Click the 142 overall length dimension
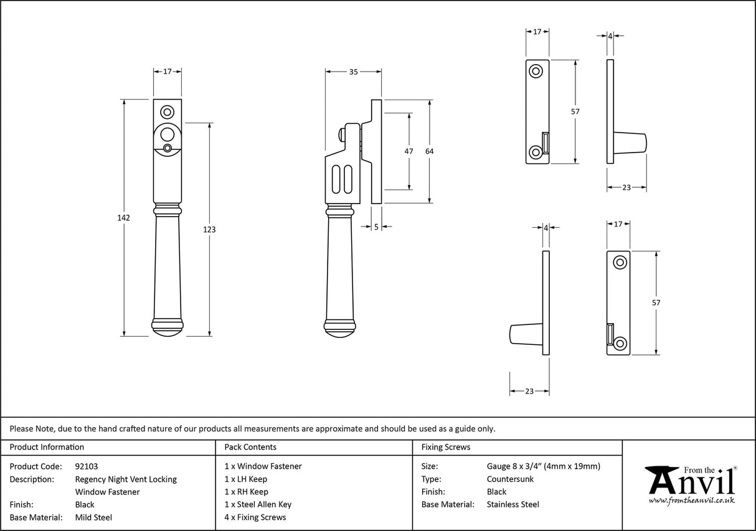(123, 218)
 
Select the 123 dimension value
(209, 230)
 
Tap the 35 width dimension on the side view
(353, 72)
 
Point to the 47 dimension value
(409, 151)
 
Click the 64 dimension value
(429, 151)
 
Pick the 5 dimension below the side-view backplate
(377, 227)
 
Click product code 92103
(86, 466)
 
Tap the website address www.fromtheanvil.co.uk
(692, 500)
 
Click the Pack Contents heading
(250, 447)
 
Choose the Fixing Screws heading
(446, 447)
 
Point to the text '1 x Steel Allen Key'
(258, 505)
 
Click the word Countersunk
(510, 479)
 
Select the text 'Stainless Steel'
(513, 505)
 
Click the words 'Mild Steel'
(93, 517)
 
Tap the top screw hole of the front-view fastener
(168, 112)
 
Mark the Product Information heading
(47, 447)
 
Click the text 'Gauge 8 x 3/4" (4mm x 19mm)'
(543, 466)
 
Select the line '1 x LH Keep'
(246, 479)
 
